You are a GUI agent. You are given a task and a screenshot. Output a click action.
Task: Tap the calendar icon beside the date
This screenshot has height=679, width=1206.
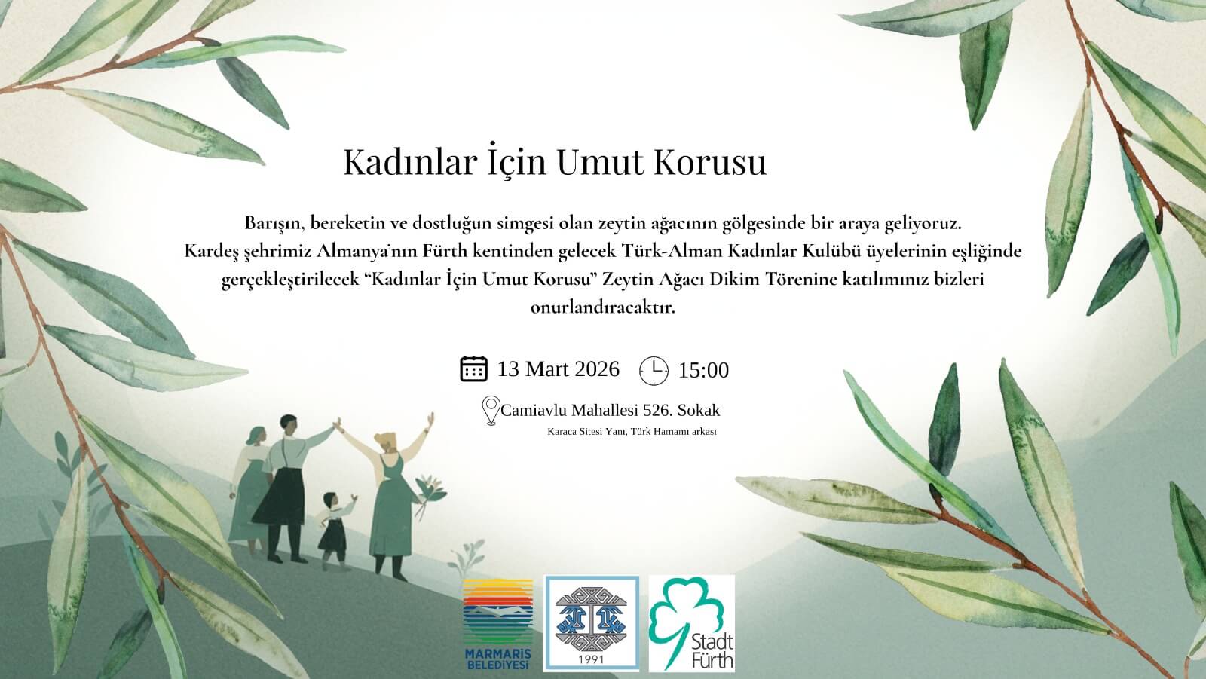474,369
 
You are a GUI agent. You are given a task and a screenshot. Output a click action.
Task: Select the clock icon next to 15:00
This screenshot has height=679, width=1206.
654,371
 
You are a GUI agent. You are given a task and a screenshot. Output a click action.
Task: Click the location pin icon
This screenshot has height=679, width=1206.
491,410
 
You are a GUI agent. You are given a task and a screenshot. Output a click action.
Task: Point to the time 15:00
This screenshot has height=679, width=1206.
703,371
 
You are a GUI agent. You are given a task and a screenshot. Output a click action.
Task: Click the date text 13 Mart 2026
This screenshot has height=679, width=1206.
558,369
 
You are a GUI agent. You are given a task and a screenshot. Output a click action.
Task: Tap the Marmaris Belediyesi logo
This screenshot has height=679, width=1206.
498,624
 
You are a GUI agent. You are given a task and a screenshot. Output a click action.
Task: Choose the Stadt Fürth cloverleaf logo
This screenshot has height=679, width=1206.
691,623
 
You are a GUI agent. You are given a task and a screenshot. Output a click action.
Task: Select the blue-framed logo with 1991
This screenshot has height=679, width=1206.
591,623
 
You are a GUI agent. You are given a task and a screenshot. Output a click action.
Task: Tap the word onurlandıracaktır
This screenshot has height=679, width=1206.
602,307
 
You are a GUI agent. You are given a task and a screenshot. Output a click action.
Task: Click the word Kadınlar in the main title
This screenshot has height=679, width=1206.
410,162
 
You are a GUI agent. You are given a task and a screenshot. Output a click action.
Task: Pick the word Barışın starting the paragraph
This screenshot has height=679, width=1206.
274,224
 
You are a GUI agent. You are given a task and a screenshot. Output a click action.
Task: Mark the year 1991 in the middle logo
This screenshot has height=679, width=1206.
591,659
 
